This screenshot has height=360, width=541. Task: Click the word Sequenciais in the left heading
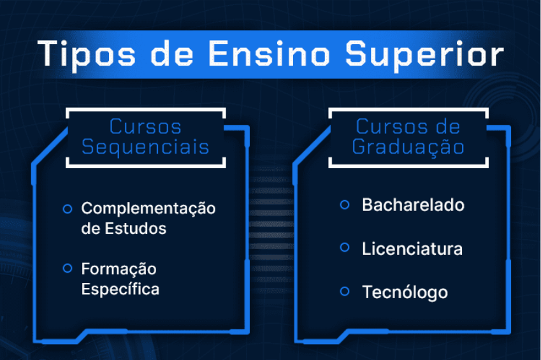coord(146,148)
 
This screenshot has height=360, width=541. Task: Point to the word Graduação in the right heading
coord(408,148)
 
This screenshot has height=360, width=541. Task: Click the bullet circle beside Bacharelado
coord(345,205)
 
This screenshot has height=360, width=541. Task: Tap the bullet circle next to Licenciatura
coord(345,248)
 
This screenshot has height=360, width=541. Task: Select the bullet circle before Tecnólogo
coord(345,291)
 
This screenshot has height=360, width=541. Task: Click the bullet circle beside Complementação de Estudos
coord(68,208)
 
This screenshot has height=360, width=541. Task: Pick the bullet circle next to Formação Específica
coord(68,268)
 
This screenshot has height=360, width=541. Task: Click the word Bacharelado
coord(413,205)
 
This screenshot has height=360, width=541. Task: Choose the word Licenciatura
coord(412,248)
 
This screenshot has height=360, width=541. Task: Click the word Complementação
coord(148,209)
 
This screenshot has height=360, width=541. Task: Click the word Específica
coord(120,289)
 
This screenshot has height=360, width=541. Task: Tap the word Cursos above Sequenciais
coord(145,126)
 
